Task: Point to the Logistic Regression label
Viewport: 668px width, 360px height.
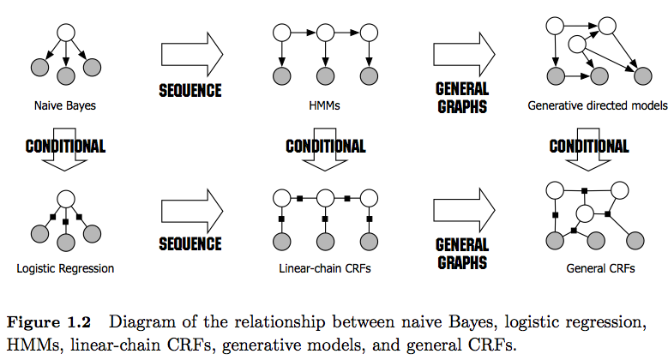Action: click(65, 268)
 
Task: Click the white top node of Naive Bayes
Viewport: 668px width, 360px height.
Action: click(65, 34)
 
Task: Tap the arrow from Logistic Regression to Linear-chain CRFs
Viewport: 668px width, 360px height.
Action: click(191, 214)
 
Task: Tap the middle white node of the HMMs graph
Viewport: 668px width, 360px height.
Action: click(324, 34)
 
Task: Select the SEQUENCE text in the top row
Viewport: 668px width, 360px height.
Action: click(190, 90)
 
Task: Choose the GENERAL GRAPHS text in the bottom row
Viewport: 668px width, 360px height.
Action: click(462, 253)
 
